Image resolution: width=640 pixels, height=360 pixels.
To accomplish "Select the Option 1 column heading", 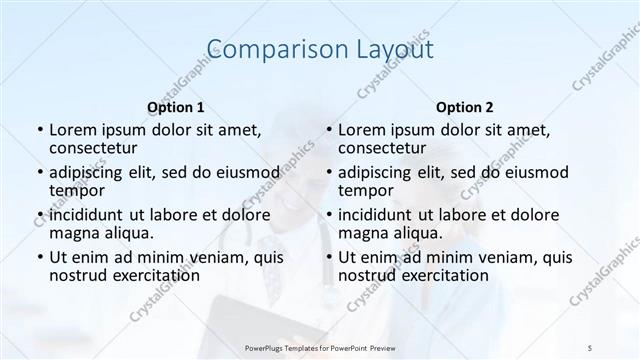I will click(x=175, y=106).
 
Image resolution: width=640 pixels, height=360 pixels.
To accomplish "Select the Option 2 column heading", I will click(x=464, y=106).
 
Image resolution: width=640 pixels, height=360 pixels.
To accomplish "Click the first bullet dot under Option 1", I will click(x=39, y=130).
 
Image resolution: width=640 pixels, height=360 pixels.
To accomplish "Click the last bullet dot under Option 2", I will click(x=328, y=258).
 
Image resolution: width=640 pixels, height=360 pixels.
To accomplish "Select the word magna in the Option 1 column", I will click(x=74, y=233).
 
